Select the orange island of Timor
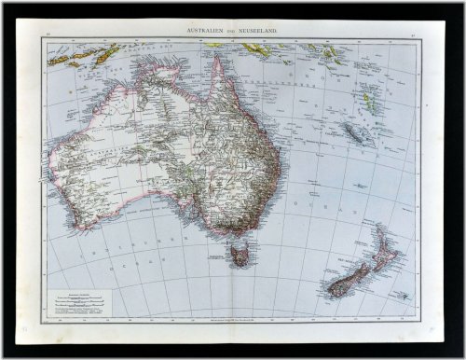click(108, 54)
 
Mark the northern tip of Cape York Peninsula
click(215, 58)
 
